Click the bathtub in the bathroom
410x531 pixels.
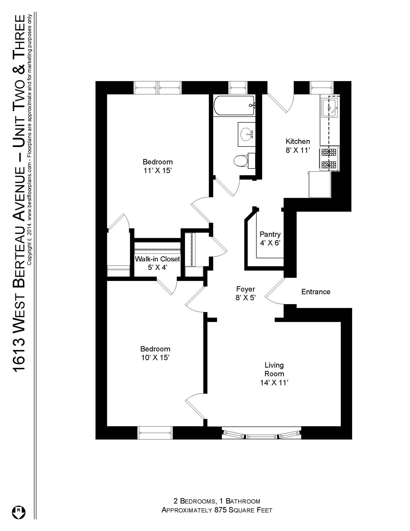tap(234, 106)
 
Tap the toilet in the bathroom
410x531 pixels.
tap(241, 161)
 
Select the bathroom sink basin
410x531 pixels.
tap(246, 134)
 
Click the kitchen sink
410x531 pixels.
tap(329, 108)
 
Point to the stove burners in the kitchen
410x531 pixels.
tap(329, 158)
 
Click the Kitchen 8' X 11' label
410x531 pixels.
tap(298, 146)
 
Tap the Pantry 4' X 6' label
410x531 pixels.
tap(270, 238)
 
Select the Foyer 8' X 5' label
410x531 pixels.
tap(246, 293)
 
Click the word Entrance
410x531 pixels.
tap(316, 292)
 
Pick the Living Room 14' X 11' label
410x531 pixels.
tap(274, 374)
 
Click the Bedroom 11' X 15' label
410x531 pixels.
tap(157, 166)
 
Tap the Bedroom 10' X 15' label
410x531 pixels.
tap(155, 353)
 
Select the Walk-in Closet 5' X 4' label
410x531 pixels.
tap(157, 263)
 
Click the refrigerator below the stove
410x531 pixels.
tap(319, 184)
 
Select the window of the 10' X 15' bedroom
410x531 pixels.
tap(155, 433)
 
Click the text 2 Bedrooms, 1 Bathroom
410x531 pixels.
tap(217, 501)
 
